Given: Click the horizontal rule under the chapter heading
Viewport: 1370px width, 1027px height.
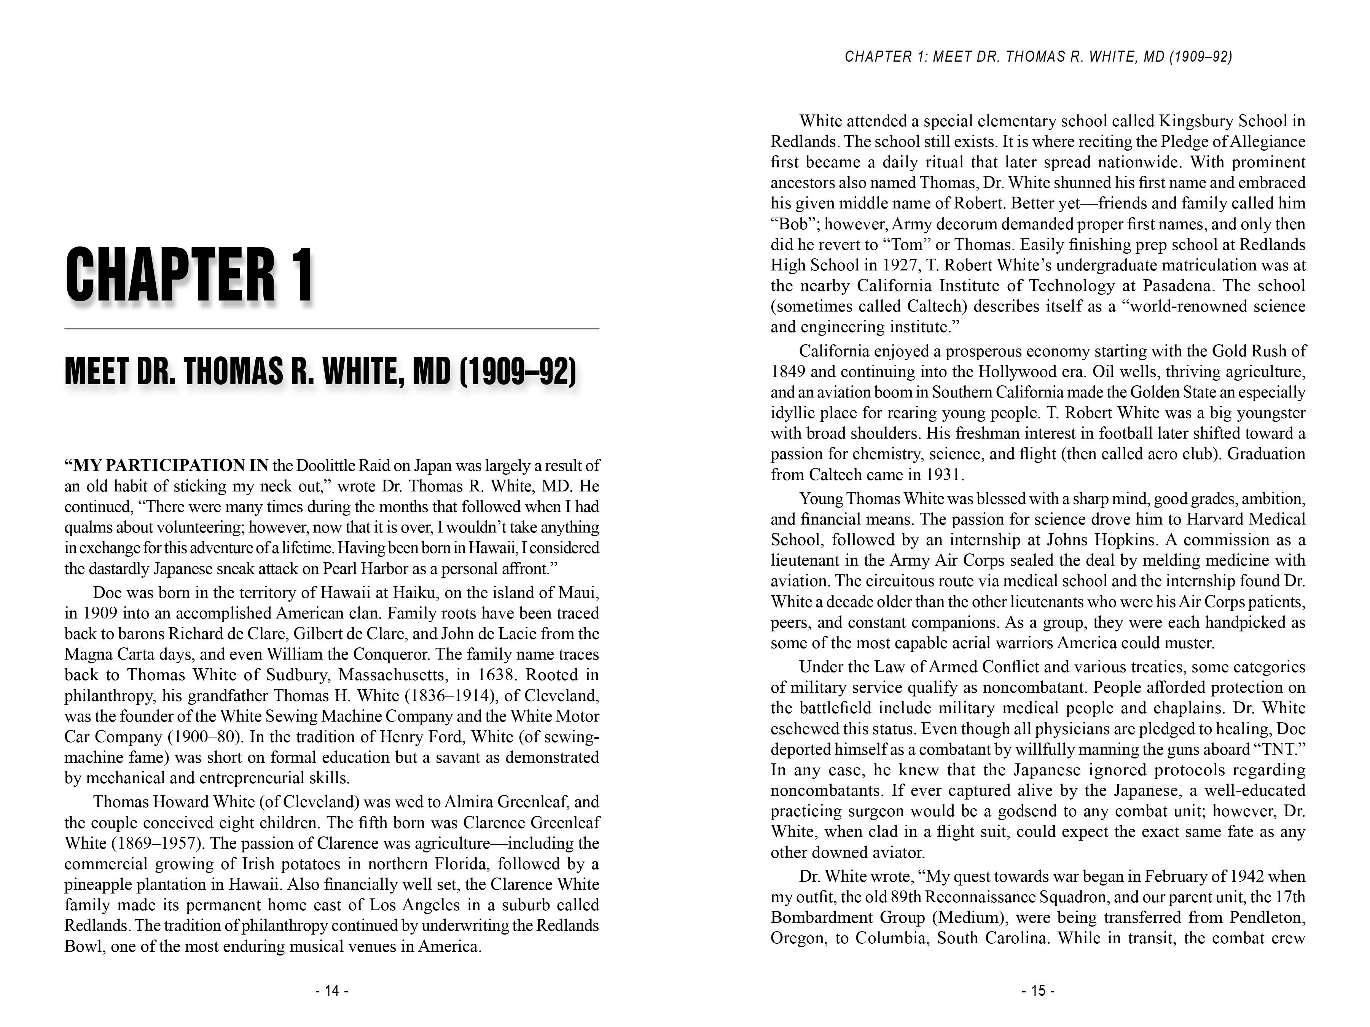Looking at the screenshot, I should point(331,329).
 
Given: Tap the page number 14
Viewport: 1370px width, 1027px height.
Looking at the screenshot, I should point(332,991).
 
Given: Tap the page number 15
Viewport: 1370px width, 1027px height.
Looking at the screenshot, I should point(1038,991).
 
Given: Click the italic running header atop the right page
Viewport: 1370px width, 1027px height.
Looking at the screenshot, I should point(1038,57).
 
